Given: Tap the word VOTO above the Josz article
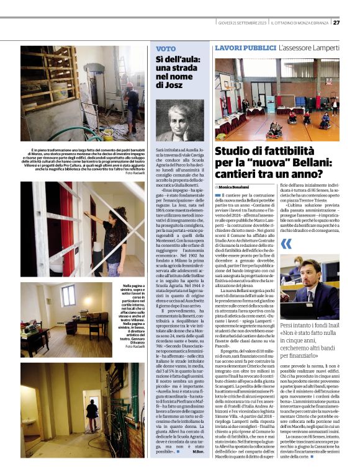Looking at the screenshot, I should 165,48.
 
